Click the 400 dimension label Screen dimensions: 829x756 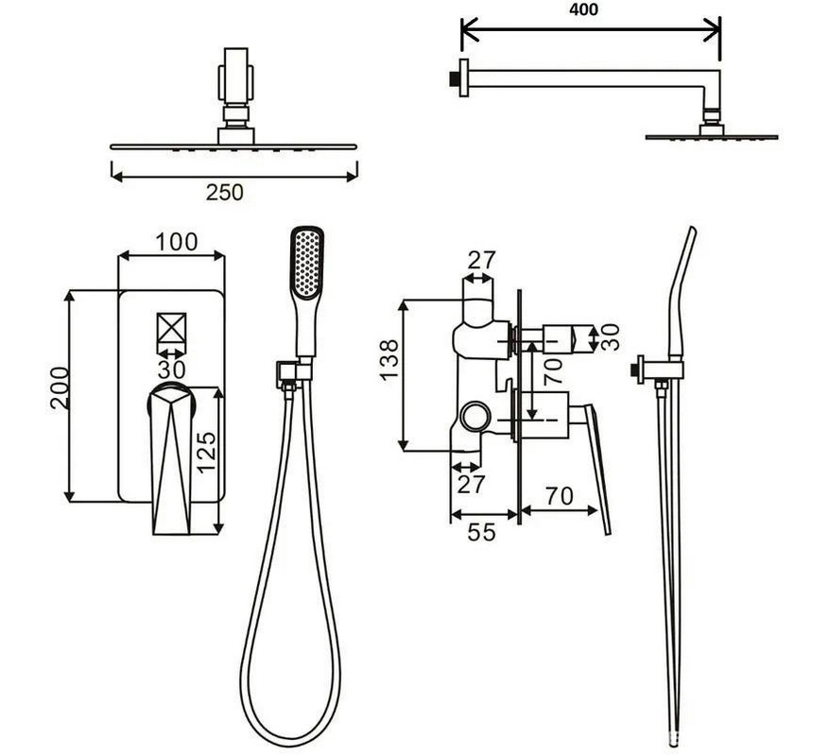click(583, 9)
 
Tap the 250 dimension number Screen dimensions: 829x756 click(225, 193)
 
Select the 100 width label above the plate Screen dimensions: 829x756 click(177, 242)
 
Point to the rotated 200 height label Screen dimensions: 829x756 click(60, 388)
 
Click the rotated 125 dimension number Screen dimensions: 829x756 click(207, 452)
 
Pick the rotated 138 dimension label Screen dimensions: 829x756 click(389, 359)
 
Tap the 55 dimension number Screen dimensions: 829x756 click(482, 532)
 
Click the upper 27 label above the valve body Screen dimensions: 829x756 click(482, 260)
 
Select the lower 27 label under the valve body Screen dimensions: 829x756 click(471, 484)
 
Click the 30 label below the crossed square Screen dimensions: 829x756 click(171, 369)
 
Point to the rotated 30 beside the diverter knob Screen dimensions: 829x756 click(610, 337)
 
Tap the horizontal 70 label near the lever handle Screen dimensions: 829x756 click(559, 496)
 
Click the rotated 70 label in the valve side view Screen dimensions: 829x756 click(553, 371)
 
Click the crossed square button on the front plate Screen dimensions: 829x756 click(172, 328)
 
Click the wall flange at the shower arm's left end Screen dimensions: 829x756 click(463, 77)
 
